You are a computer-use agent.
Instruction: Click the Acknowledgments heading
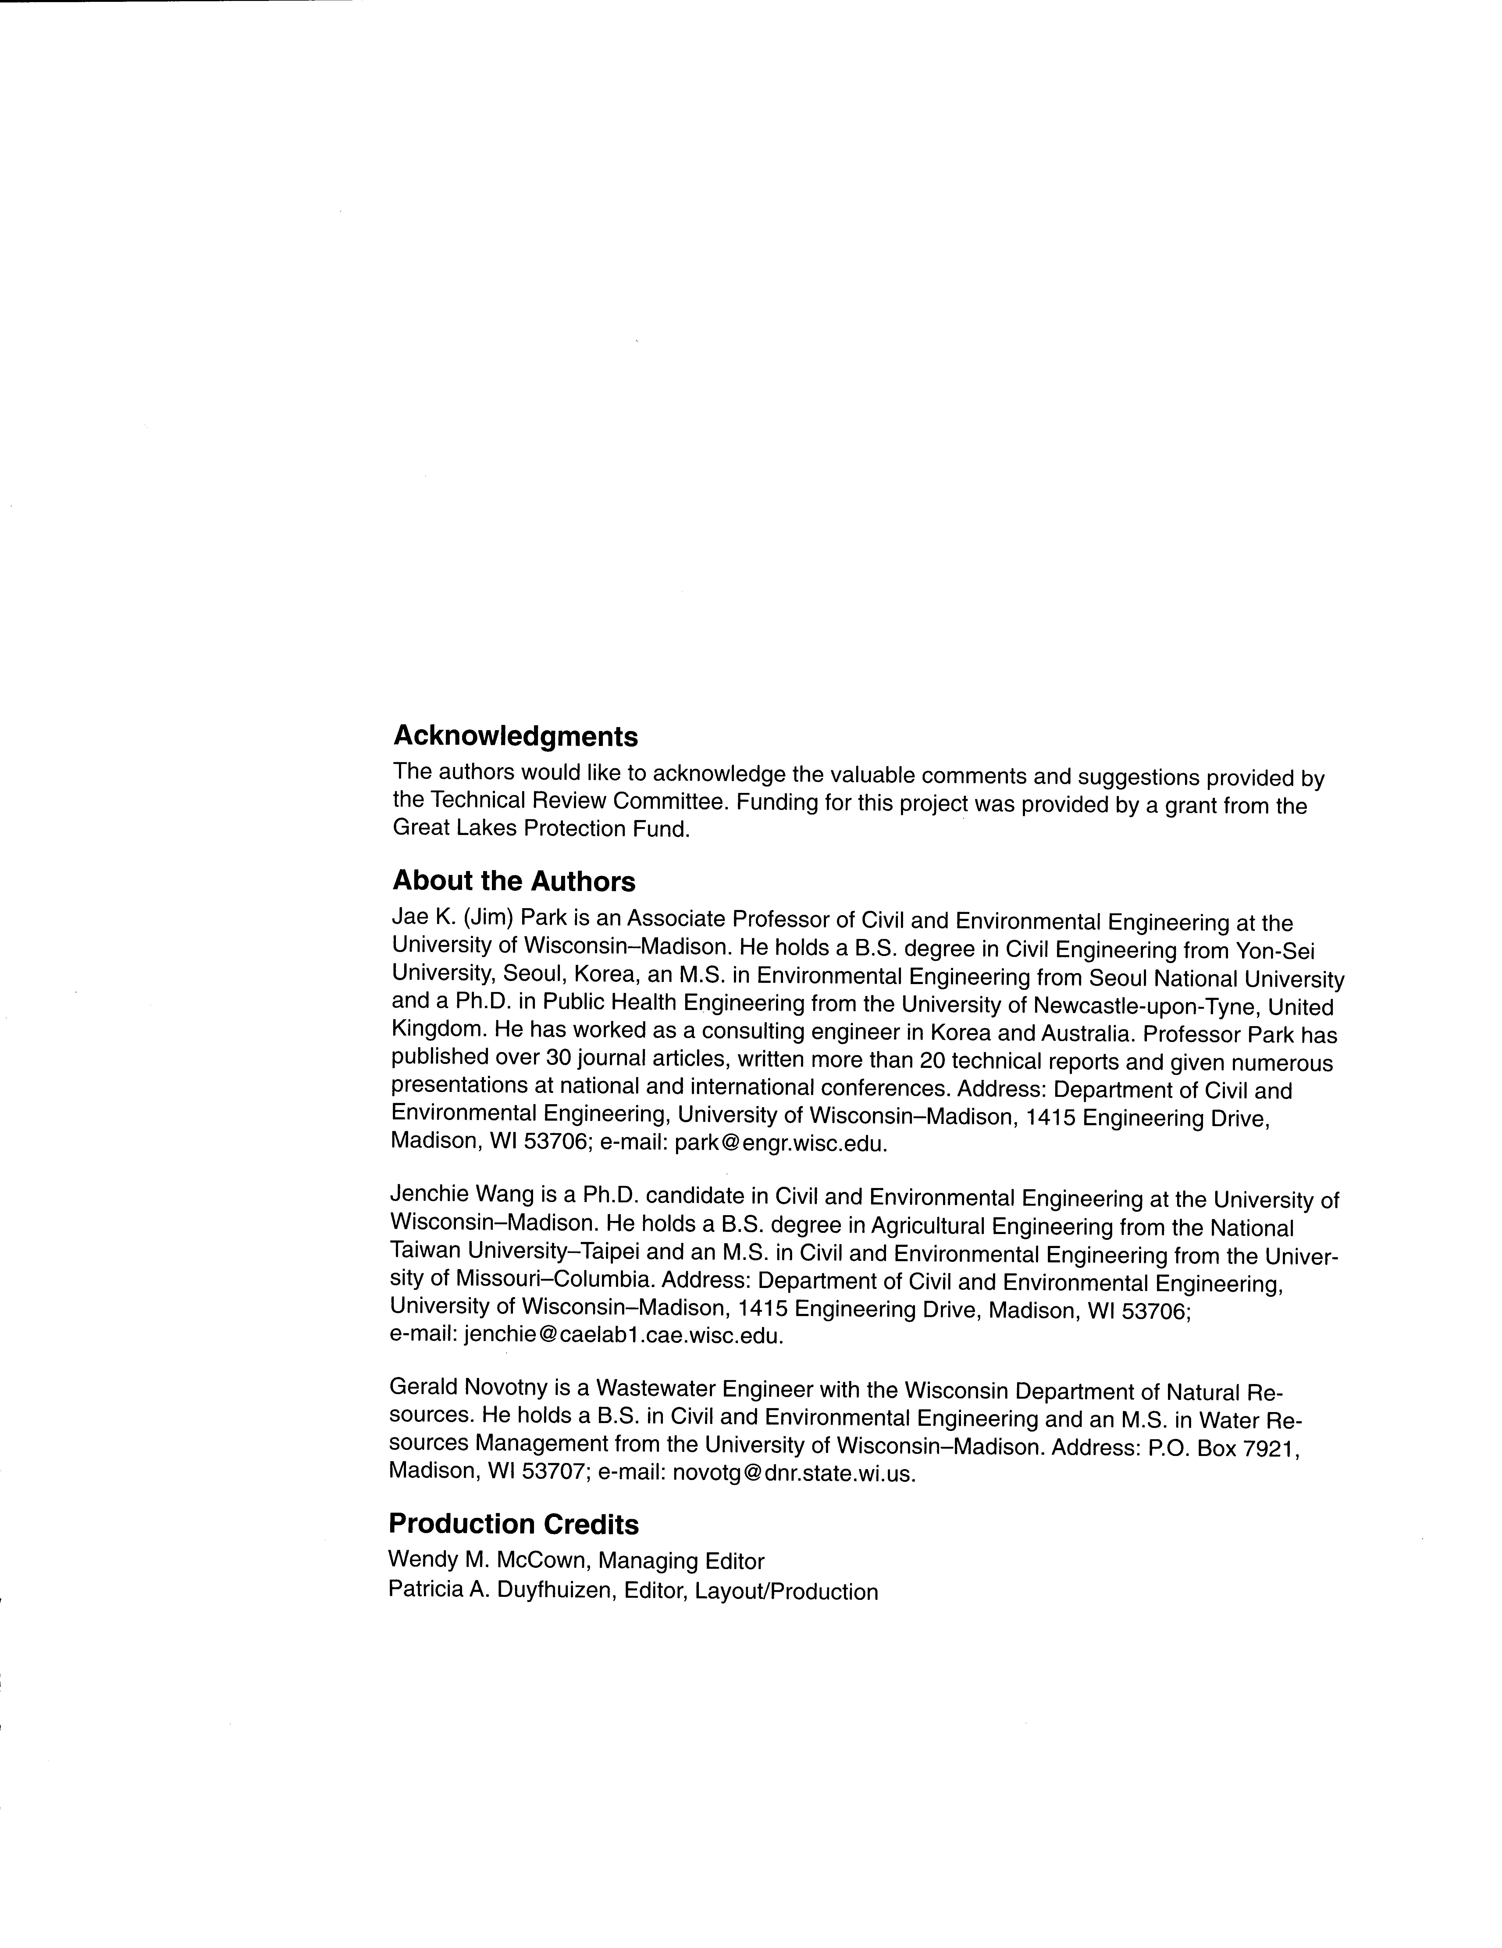[x=515, y=737]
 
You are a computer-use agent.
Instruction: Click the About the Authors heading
[x=514, y=881]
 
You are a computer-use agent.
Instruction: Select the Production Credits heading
[x=514, y=1524]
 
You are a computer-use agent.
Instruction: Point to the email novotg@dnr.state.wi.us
[x=794, y=1473]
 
